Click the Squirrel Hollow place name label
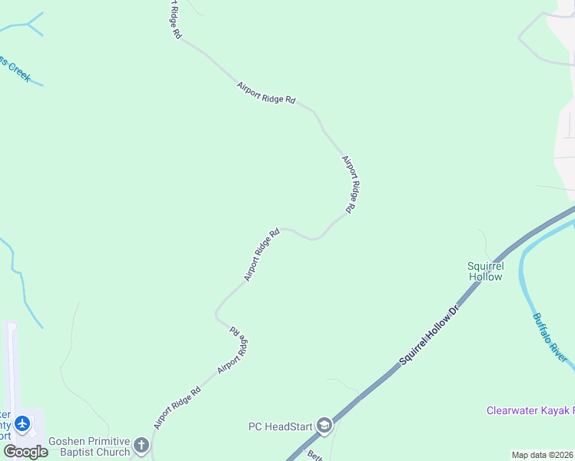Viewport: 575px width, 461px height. [x=485, y=271]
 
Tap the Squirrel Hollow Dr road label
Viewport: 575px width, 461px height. [x=428, y=335]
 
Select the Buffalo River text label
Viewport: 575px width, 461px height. [x=550, y=338]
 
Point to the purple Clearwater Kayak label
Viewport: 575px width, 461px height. [x=530, y=411]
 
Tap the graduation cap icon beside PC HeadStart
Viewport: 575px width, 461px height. [x=324, y=426]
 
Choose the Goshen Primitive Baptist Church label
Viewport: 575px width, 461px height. [x=89, y=446]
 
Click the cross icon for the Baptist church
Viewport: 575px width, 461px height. [x=141, y=445]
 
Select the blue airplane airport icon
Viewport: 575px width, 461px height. [x=22, y=423]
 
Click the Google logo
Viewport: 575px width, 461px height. [x=25, y=451]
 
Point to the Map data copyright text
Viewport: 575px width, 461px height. [x=542, y=455]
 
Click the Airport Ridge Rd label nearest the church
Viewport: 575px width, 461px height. [x=177, y=407]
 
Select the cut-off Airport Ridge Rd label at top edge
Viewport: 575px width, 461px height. [x=174, y=20]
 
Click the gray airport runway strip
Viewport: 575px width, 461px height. [x=10, y=369]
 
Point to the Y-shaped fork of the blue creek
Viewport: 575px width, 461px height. [x=28, y=25]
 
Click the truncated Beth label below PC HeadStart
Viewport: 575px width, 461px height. [x=314, y=456]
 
